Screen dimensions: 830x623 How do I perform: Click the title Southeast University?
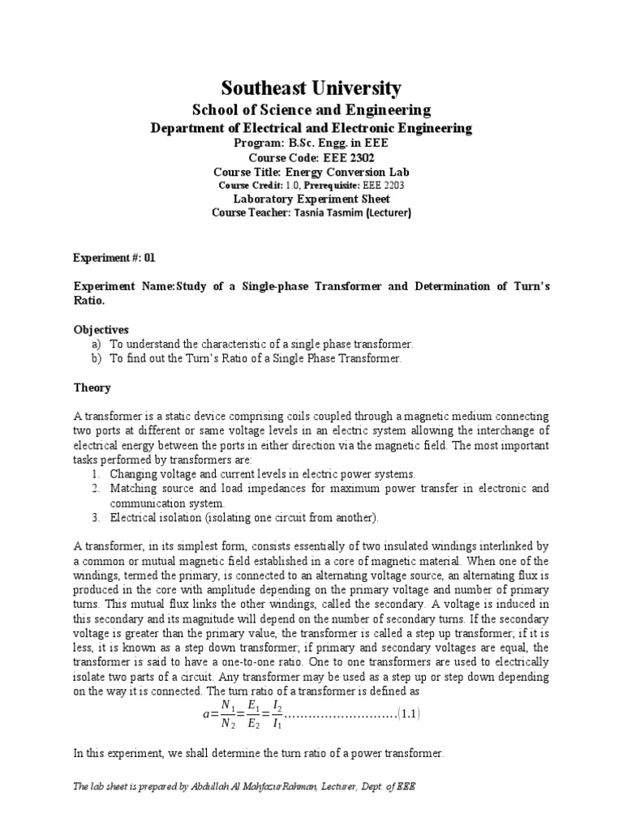(x=311, y=88)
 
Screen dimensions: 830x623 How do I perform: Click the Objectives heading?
(x=101, y=330)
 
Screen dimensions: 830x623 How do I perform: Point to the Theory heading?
(x=92, y=388)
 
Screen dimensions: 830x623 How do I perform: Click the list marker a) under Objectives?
(x=96, y=344)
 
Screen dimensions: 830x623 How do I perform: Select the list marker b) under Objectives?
(x=96, y=358)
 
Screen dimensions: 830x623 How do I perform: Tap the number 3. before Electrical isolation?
(x=95, y=517)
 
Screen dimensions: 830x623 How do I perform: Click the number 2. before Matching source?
(x=95, y=488)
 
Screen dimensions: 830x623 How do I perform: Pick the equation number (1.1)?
(x=408, y=714)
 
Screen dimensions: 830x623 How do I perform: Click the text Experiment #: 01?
(x=114, y=258)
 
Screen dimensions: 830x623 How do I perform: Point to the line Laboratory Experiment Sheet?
(x=311, y=199)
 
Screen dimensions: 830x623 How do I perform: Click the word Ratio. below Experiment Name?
(x=89, y=301)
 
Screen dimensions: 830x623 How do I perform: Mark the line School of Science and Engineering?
(x=311, y=110)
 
